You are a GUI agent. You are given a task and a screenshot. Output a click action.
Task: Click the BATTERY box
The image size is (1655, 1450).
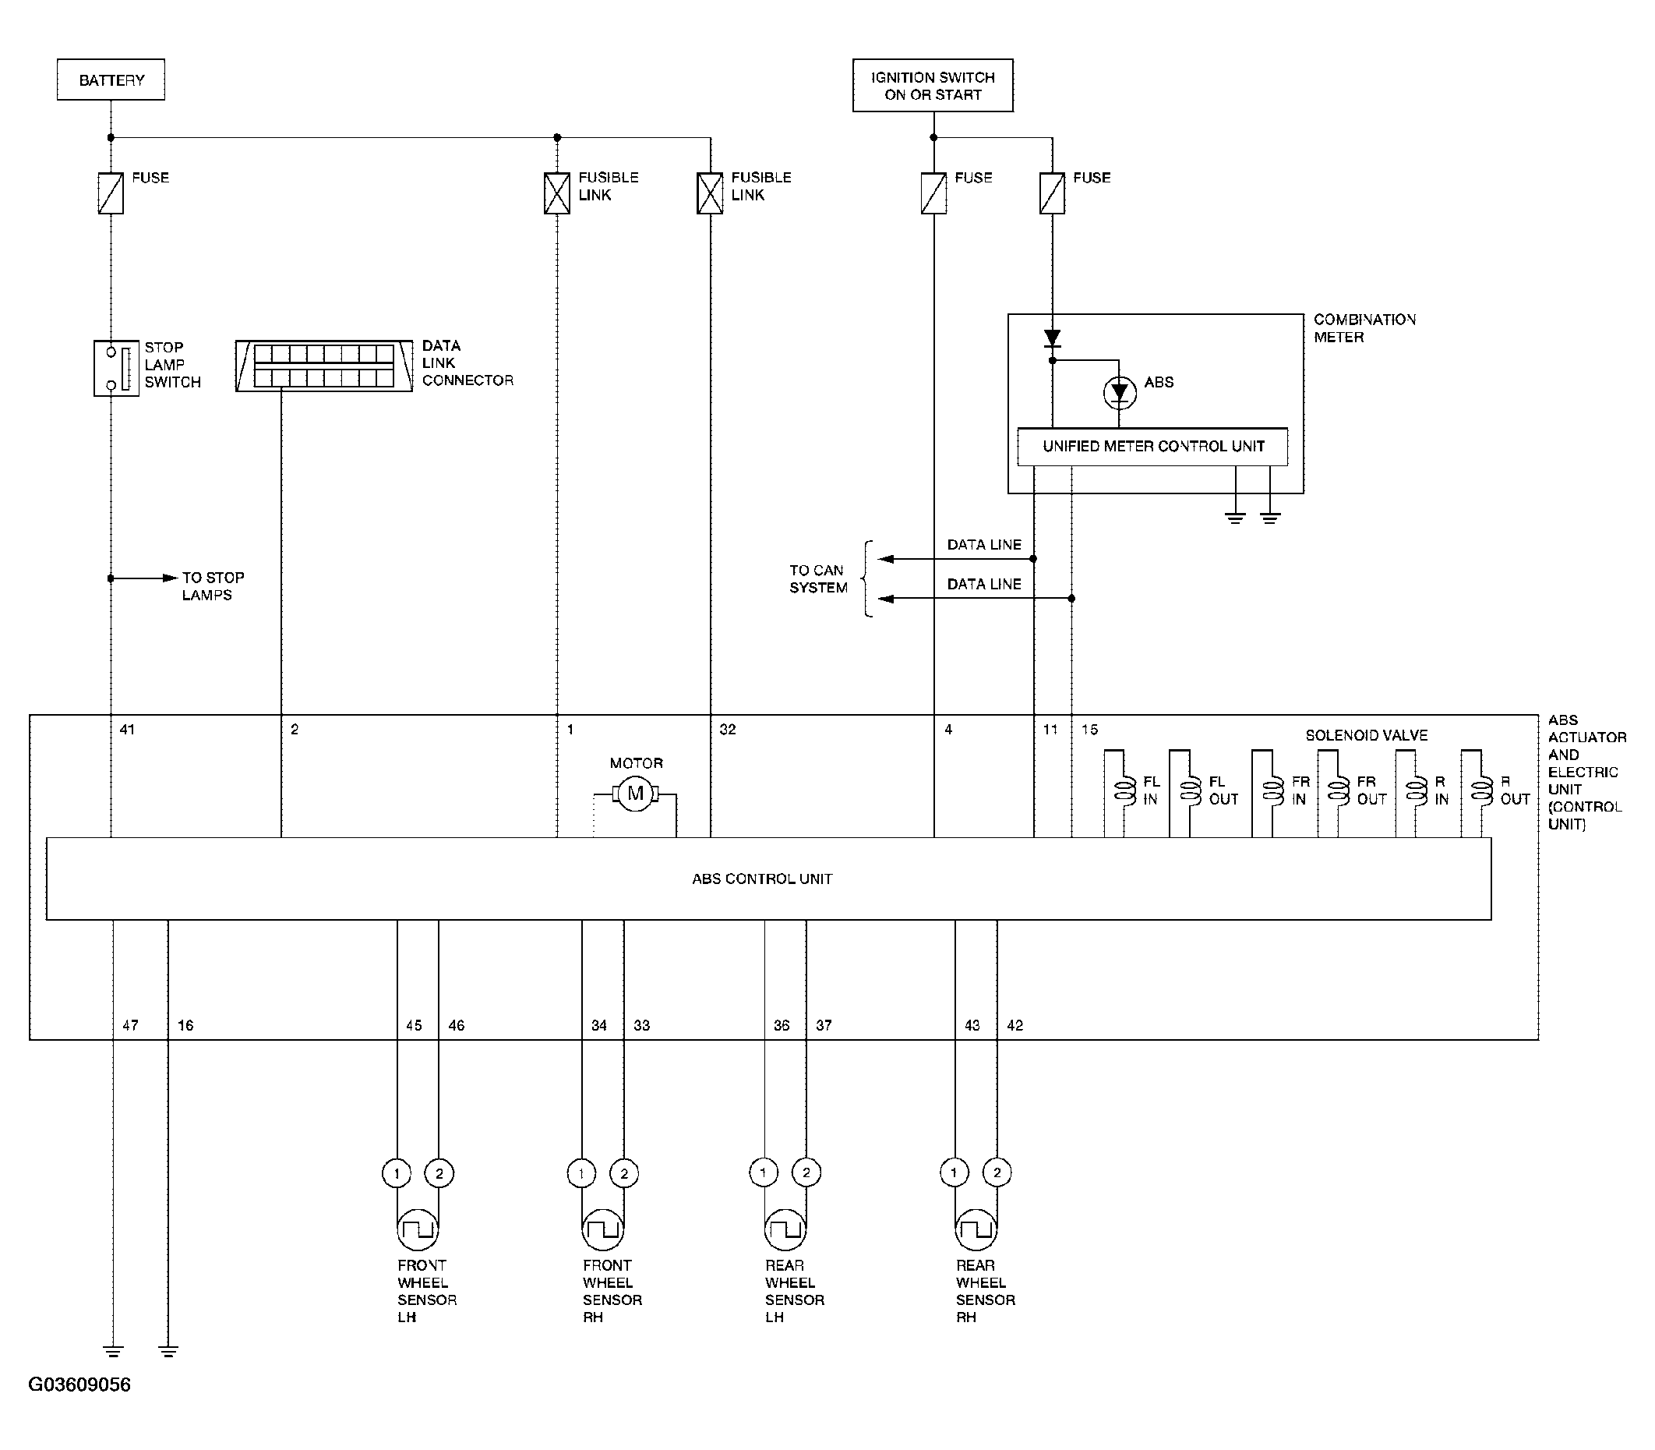[x=111, y=80]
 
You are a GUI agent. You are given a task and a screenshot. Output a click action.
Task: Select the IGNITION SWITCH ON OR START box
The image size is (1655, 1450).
[x=933, y=85]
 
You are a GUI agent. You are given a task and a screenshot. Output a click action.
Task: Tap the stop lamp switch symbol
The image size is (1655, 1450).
[x=116, y=368]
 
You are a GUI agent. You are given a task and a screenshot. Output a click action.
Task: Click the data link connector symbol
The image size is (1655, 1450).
[x=324, y=366]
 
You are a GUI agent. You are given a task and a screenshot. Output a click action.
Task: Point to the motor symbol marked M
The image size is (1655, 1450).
[x=635, y=794]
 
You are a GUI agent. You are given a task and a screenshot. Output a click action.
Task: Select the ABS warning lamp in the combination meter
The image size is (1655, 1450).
[x=1120, y=393]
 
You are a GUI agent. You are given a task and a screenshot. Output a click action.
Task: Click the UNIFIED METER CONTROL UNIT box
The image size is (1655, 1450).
[x=1152, y=447]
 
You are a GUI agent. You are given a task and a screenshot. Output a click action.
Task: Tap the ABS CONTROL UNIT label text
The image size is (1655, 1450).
[x=762, y=879]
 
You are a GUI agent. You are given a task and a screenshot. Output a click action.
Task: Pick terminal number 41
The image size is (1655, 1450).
[x=127, y=729]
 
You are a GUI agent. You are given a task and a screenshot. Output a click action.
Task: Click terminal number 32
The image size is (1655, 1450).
[x=728, y=729]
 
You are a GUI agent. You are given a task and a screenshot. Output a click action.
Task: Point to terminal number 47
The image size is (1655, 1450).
[x=130, y=1025]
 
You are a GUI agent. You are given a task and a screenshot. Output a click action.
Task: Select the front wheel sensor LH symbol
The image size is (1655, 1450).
[x=418, y=1230]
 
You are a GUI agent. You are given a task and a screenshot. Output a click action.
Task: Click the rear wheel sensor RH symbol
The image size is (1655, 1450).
[x=976, y=1230]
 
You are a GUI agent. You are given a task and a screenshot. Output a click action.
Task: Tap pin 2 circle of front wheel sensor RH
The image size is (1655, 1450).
[x=623, y=1172]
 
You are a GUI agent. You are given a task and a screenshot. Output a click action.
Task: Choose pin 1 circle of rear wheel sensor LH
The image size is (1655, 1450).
[x=763, y=1172]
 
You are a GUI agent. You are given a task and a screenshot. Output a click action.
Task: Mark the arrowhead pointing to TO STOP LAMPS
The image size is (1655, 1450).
[x=170, y=578]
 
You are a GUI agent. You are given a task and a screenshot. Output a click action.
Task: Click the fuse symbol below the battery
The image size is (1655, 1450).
[x=111, y=193]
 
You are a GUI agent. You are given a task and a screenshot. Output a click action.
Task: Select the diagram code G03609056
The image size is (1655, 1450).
[x=79, y=1385]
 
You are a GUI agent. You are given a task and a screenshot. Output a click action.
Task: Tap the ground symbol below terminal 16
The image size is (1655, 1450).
[x=168, y=1350]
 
